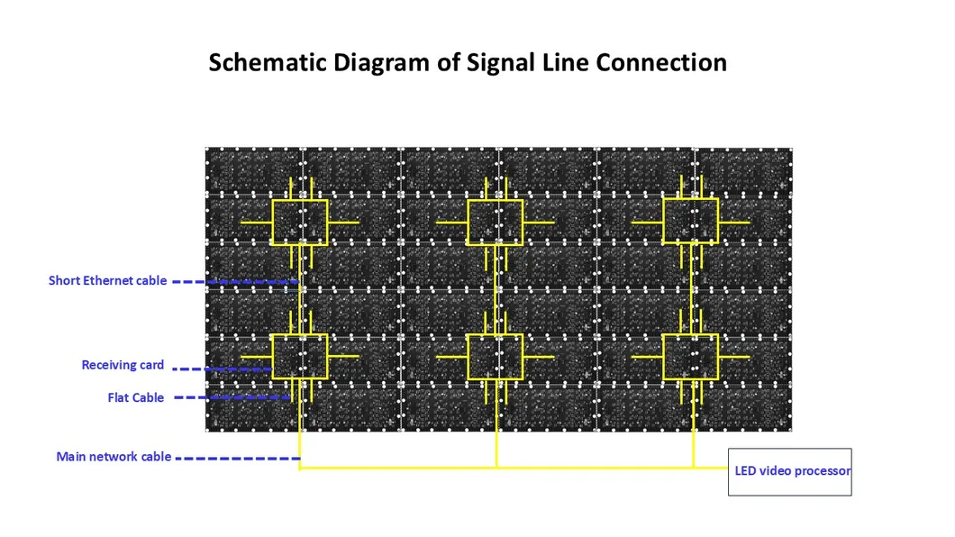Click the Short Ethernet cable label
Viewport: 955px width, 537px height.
coord(107,281)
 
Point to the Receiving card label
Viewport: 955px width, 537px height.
coord(123,365)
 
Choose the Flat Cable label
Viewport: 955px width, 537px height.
coord(136,397)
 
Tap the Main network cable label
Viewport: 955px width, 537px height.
coord(114,457)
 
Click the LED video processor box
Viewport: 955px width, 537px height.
coord(789,471)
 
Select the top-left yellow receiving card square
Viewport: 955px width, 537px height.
coord(299,222)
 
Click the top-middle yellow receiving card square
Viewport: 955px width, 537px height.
coord(496,222)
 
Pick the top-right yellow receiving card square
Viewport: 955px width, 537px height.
coord(690,222)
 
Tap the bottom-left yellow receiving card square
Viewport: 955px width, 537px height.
coord(299,357)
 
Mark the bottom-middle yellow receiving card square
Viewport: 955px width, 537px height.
coord(496,357)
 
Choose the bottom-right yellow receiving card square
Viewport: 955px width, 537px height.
coord(690,357)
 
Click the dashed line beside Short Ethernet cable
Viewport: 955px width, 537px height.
coord(234,282)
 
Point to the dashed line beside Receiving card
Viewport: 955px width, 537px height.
coord(221,368)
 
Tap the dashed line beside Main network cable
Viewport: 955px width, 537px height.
coord(237,458)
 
